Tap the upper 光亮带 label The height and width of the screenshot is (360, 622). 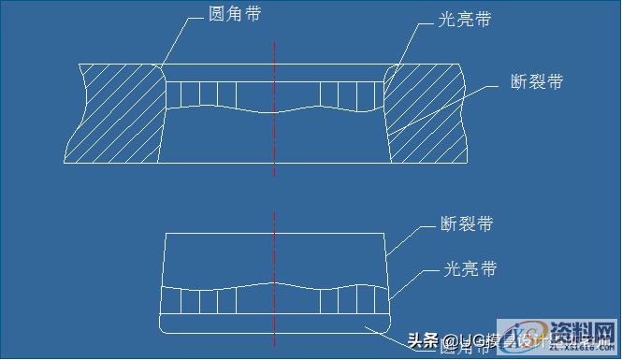[465, 20]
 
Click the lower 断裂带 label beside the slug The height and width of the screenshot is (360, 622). [467, 224]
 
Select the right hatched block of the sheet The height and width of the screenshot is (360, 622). [426, 112]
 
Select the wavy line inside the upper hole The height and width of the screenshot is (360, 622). [273, 110]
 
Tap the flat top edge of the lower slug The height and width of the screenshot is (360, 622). [273, 233]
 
